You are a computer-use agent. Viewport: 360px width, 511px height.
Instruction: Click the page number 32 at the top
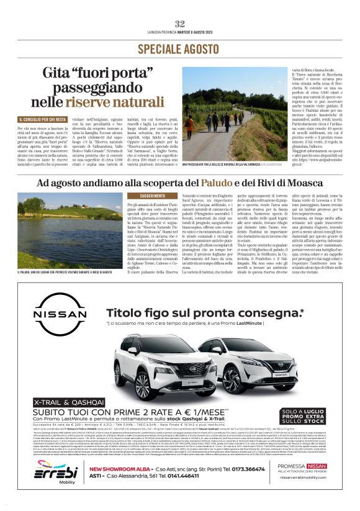coord(180,24)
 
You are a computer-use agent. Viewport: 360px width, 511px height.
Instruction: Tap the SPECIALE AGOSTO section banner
coord(179,48)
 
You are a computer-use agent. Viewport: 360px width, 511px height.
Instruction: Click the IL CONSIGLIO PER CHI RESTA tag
coord(42,119)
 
